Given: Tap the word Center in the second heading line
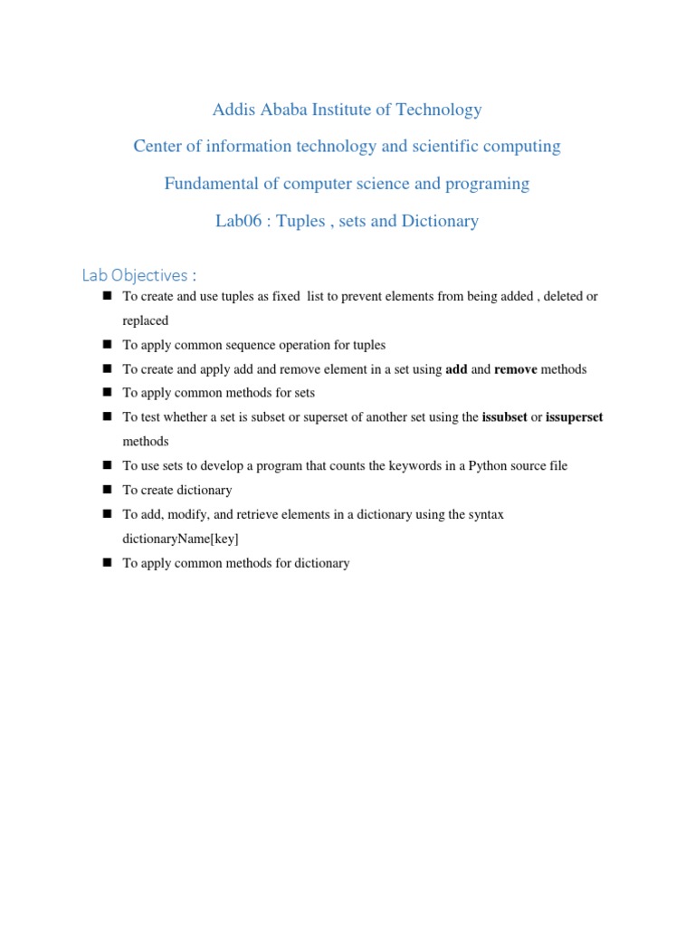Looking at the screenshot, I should click(158, 146).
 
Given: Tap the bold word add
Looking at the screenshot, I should click(456, 369).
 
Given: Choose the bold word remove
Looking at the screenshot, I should click(515, 369).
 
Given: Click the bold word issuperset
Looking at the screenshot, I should click(574, 417).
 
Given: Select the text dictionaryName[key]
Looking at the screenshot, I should click(181, 539).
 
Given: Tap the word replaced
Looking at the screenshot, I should click(146, 320).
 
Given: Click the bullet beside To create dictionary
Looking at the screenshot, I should click(106, 490).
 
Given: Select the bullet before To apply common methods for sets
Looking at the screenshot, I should click(106, 393).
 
